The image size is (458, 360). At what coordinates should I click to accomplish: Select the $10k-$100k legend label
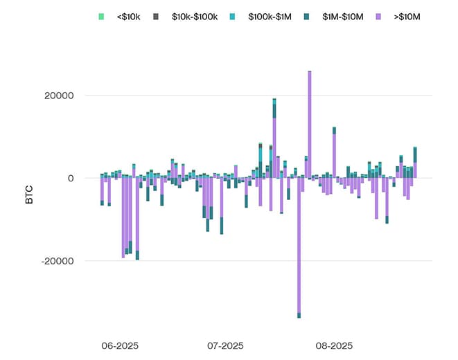click(195, 15)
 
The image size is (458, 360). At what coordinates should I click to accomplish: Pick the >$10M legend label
click(409, 15)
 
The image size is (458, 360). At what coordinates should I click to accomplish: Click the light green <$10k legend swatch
click(101, 15)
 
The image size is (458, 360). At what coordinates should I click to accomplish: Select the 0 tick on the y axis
click(71, 178)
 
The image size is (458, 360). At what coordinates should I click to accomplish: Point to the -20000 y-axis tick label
click(58, 261)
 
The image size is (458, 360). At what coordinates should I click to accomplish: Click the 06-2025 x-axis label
click(118, 344)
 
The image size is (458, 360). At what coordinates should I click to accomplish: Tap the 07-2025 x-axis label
click(225, 344)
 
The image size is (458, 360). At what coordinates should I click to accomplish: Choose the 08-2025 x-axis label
click(335, 344)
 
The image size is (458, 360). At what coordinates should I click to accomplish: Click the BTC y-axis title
click(29, 196)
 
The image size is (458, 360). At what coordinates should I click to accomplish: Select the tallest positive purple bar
click(309, 125)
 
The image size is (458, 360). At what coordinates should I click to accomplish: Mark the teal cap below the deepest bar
click(299, 315)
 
